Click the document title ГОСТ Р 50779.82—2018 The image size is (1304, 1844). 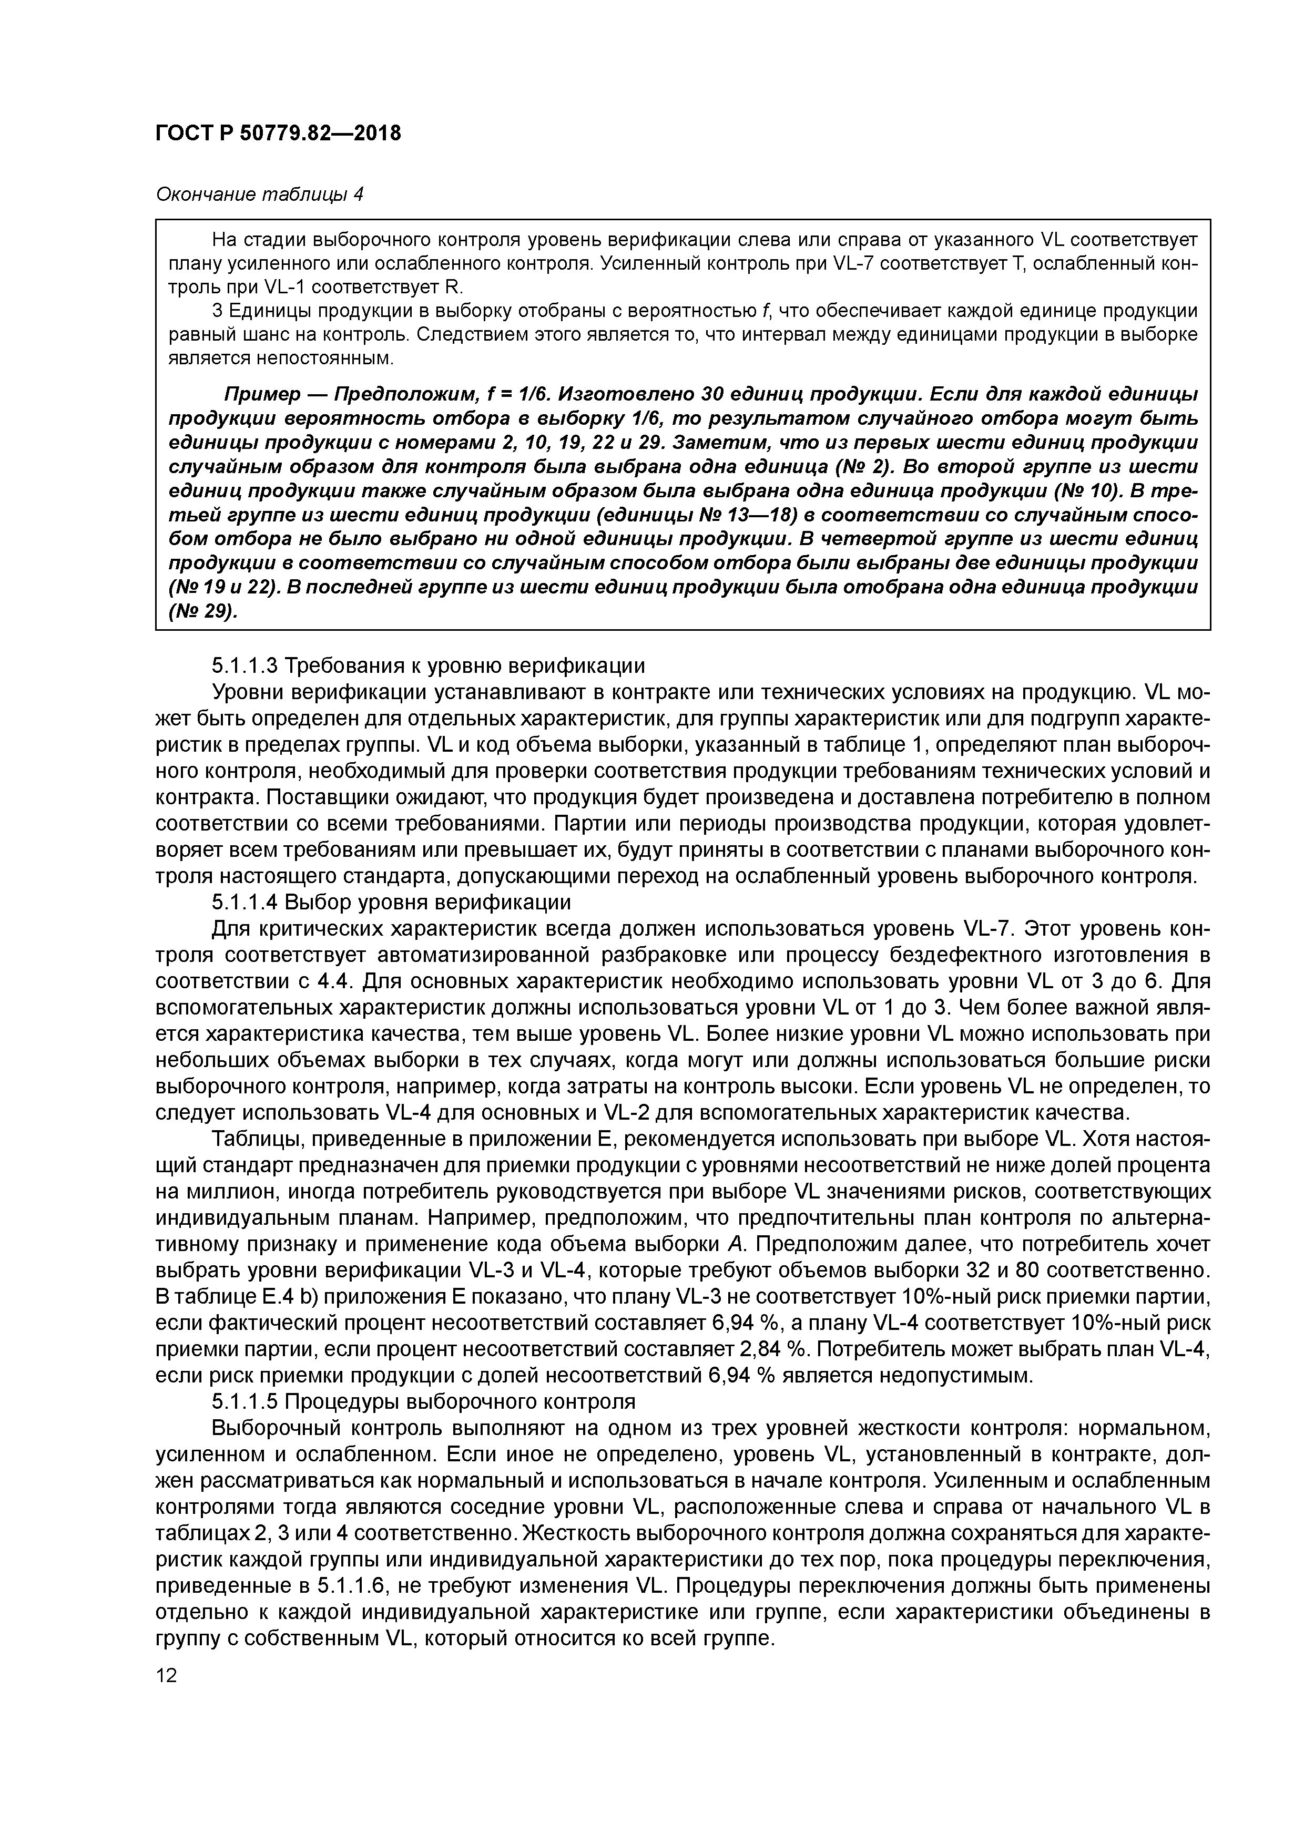277,132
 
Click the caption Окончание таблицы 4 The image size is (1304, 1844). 259,194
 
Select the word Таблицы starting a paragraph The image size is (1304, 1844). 248,1139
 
